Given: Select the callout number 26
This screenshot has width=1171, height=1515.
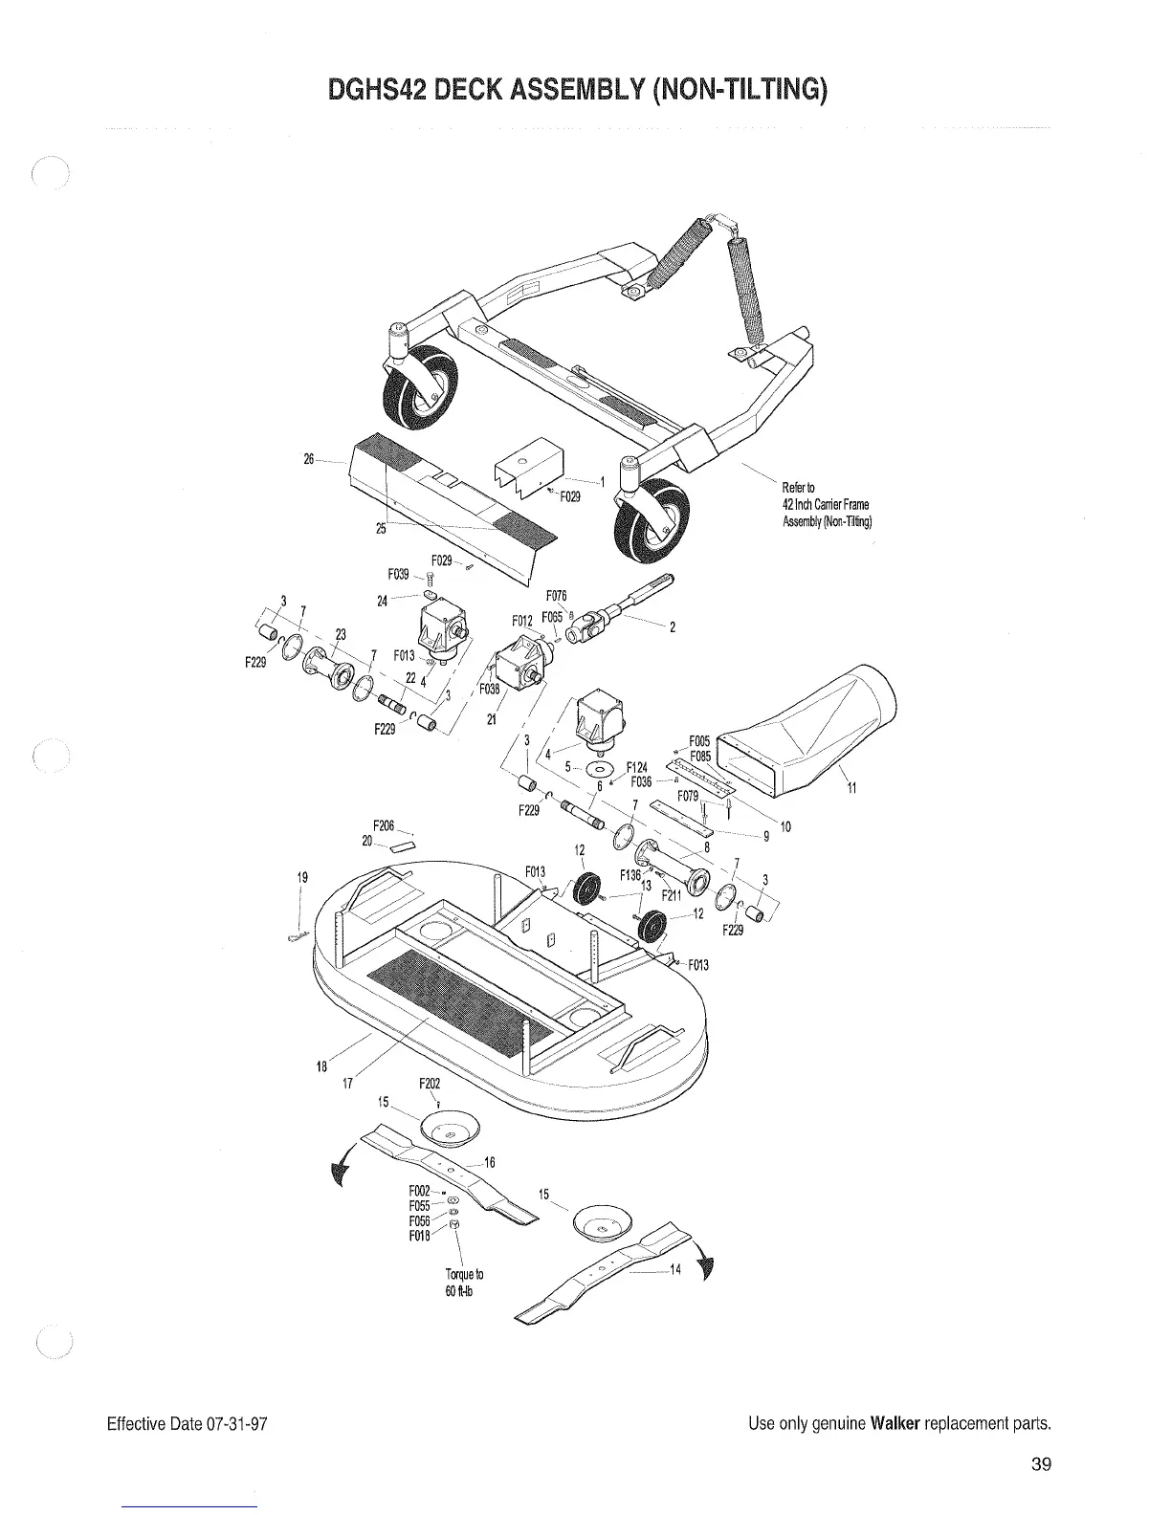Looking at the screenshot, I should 309,459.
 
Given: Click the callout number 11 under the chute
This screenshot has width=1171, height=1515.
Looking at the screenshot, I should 851,788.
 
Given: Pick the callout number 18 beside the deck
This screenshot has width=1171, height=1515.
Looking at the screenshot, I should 322,1065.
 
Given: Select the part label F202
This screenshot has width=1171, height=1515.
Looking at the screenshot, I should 430,1084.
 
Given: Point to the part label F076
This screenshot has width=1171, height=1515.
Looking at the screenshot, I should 558,596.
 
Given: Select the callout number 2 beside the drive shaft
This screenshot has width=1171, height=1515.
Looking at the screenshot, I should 673,627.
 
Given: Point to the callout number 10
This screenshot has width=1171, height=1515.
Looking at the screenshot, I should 785,826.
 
